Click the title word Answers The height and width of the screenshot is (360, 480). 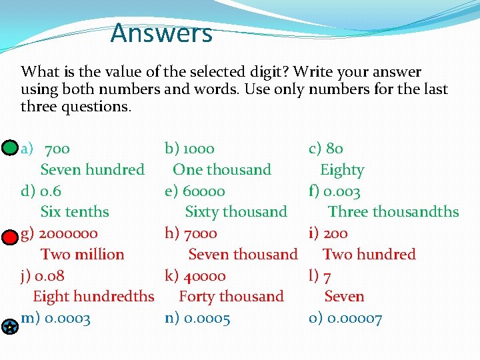(x=161, y=33)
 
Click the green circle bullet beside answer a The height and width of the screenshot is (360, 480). (x=9, y=148)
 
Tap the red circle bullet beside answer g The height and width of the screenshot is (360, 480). (x=9, y=237)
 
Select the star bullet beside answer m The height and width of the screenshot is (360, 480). (x=9, y=327)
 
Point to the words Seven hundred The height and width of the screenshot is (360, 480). (x=92, y=170)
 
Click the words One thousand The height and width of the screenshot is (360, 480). (x=222, y=170)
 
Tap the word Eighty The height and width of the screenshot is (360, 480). (x=342, y=170)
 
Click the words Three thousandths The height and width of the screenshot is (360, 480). (x=393, y=212)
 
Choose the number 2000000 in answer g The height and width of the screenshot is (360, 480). (x=69, y=233)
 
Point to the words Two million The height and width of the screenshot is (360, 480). (x=82, y=255)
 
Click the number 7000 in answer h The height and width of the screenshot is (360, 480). (x=200, y=233)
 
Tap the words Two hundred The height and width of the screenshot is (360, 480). (x=369, y=255)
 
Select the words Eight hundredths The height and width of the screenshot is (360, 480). (x=93, y=297)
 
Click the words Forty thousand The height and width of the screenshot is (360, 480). (x=231, y=297)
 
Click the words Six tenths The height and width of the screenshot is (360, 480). (x=75, y=212)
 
